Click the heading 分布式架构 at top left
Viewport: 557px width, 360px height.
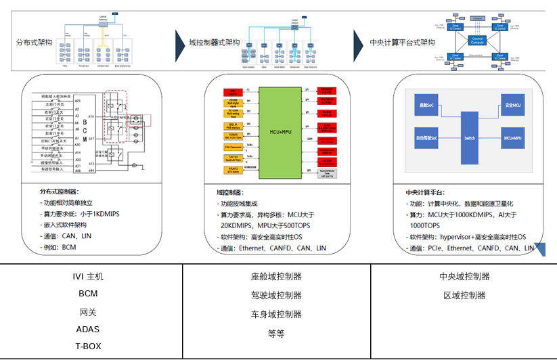33,42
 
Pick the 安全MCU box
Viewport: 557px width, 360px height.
512,107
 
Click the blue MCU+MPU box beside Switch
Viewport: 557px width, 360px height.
512,138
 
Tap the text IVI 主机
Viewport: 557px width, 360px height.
88,277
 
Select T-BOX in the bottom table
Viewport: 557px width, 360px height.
88,345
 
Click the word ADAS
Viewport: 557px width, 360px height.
88,330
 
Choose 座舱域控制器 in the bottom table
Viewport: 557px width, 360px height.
276,277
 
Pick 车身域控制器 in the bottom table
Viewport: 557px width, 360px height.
276,314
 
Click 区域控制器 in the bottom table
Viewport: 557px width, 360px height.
464,296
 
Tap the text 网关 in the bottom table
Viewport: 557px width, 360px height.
88,313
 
